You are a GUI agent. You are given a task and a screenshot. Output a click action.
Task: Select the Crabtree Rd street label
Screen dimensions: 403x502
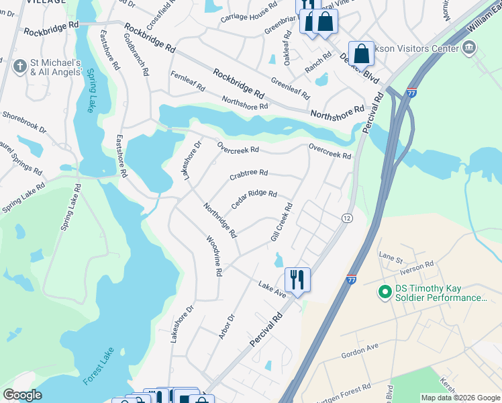click(248, 175)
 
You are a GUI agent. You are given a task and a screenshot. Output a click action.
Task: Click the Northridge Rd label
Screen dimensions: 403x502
click(220, 220)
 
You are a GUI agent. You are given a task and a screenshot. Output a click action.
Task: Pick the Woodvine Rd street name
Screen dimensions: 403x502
click(213, 256)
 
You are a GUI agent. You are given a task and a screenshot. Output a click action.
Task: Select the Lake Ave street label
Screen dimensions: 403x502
click(272, 289)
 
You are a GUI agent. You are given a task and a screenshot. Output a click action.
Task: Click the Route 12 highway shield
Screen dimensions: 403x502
click(346, 218)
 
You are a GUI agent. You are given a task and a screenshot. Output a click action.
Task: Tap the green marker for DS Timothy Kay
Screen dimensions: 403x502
click(385, 292)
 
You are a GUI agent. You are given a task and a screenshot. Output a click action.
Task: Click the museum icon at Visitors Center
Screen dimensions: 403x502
click(468, 48)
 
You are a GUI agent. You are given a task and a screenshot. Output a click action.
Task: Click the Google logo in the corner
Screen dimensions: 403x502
click(22, 395)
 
